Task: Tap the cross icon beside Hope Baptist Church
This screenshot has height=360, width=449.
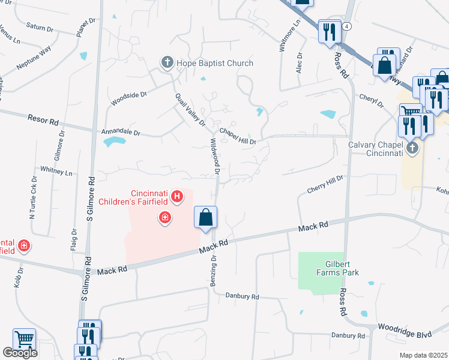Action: (166, 62)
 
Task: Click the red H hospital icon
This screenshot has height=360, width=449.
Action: (176, 196)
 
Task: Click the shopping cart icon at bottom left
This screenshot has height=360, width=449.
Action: (24, 339)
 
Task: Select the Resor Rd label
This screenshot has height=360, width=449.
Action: (43, 119)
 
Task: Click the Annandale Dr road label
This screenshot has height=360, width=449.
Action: (120, 131)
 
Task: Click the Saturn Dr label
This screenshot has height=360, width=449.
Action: (41, 26)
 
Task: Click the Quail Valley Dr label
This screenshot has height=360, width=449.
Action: (190, 109)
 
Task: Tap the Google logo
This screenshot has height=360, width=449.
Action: (20, 353)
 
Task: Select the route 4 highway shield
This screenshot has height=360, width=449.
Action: (347, 26)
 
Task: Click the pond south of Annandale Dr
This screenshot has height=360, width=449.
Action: (114, 142)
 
